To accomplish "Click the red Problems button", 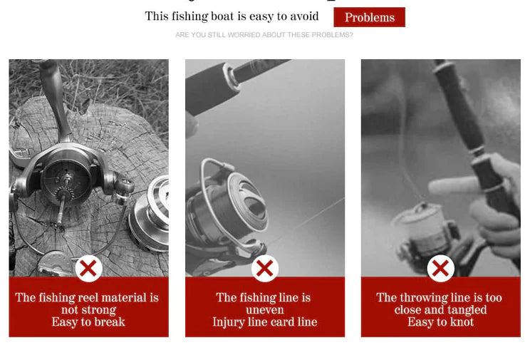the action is (x=369, y=17).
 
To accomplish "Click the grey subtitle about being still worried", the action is (x=264, y=35).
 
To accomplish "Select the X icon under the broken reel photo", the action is (x=88, y=269).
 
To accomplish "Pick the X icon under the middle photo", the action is (x=265, y=269).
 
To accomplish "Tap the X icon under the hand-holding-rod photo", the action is (x=440, y=269).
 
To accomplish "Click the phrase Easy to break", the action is (x=88, y=322).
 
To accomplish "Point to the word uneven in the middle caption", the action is (x=265, y=309).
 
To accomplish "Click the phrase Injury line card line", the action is (x=265, y=322).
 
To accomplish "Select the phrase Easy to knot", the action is (x=440, y=322).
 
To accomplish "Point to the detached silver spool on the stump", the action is (x=150, y=215).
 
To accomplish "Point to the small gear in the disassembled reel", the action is (x=64, y=194).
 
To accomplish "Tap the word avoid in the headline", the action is (x=304, y=16).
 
